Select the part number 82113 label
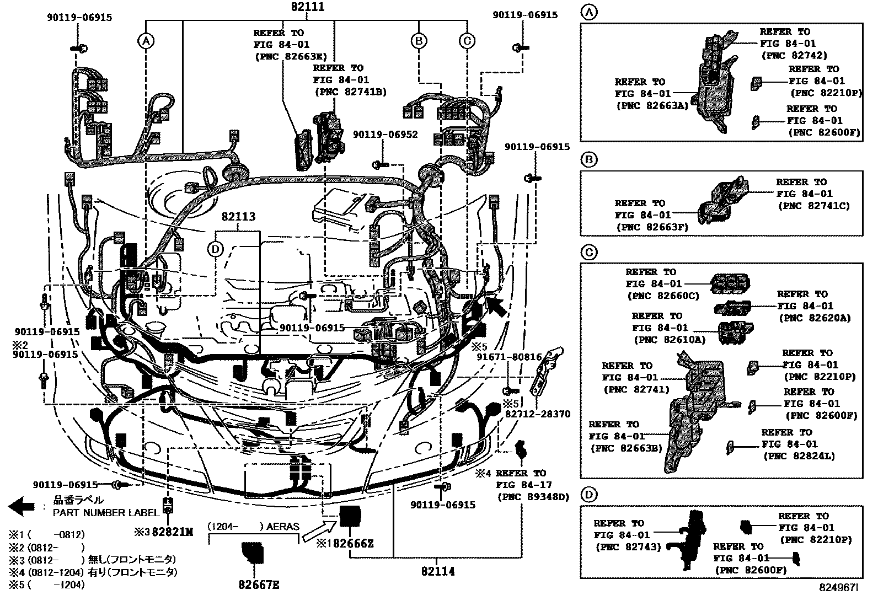pos(239,217)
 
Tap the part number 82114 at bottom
pos(438,571)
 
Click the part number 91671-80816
pos(509,357)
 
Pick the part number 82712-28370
pos(538,414)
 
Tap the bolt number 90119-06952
pos(386,134)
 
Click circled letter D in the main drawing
pos(215,249)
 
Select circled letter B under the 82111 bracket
pos(419,40)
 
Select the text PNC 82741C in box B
pos(814,206)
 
